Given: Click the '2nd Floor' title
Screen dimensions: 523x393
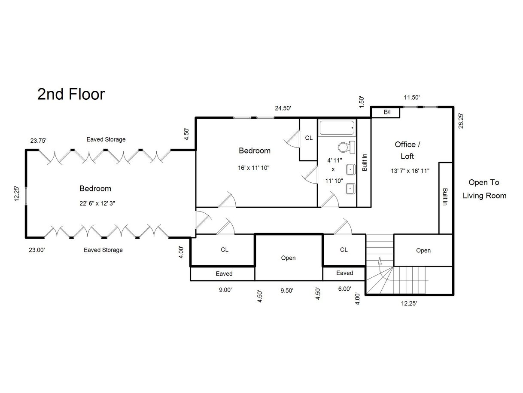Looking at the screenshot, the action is coord(71,94).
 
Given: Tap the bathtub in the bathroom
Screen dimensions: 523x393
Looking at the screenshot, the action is coord(337,128).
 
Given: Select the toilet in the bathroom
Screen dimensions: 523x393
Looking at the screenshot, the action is coord(347,147).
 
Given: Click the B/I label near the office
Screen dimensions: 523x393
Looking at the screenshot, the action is coord(387,112).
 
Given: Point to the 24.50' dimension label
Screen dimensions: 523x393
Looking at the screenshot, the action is coord(283,108).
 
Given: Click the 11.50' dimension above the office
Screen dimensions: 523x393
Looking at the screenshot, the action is coord(412,97).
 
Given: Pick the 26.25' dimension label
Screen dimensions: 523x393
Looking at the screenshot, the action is coord(461,121).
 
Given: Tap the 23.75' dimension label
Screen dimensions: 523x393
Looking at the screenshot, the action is coord(38,141).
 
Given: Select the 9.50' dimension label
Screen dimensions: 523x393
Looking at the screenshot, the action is coord(287,290).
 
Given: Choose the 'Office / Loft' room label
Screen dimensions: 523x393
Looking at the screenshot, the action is coord(407,150).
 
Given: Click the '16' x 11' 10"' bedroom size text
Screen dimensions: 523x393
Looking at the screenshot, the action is coord(253,168).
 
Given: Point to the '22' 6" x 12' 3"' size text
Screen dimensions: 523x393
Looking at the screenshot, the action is coord(97,203).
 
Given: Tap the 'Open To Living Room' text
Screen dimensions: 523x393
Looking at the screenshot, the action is coord(484,189).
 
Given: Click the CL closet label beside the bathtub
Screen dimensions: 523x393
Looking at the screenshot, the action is coord(309,138).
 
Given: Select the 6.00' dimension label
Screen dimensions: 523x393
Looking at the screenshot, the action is coord(344,289).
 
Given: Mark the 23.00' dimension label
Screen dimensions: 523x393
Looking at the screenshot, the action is coord(36,250).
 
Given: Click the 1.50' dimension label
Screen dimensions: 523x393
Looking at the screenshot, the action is coord(362,102).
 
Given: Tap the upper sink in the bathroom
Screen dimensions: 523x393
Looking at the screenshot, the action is coord(350,169).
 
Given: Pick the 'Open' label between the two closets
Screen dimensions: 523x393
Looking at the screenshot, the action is coord(288,258).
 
